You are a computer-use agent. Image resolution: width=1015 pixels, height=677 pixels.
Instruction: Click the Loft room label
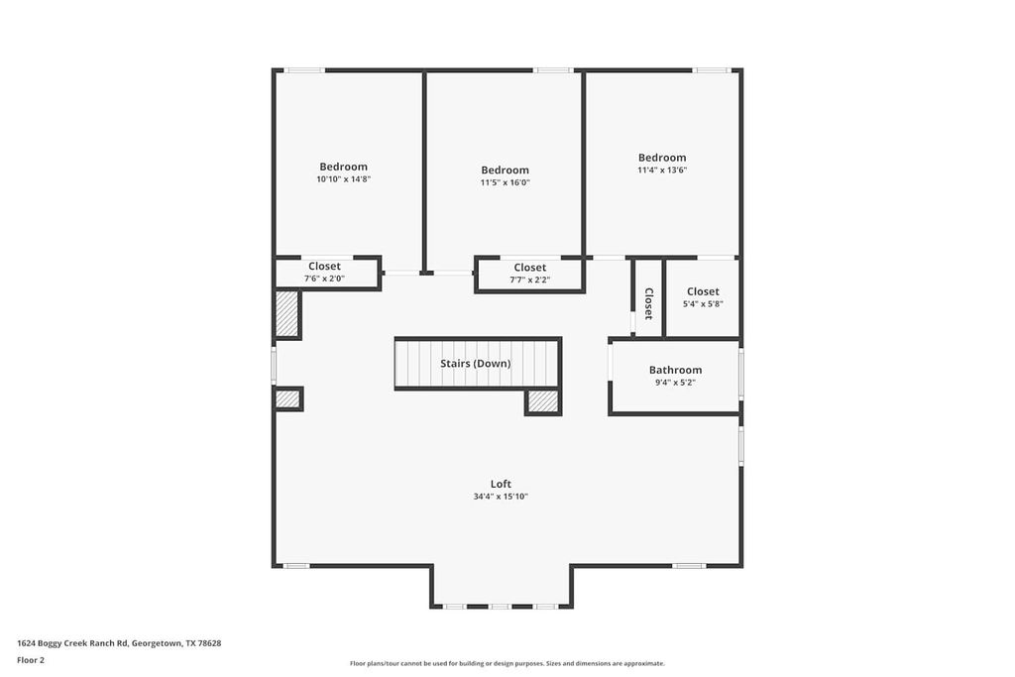pyautogui.click(x=501, y=484)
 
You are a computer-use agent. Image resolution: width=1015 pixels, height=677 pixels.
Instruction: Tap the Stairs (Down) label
pyautogui.click(x=476, y=364)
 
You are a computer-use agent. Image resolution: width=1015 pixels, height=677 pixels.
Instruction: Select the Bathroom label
pyautogui.click(x=675, y=370)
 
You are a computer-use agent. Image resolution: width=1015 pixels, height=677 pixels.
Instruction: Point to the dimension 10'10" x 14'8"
pyautogui.click(x=343, y=179)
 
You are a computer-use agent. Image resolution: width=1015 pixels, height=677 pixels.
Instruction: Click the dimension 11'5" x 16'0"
pyautogui.click(x=505, y=182)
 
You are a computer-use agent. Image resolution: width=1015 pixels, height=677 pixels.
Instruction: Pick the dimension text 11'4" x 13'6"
pyautogui.click(x=662, y=170)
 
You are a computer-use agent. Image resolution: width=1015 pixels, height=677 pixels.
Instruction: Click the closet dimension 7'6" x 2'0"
pyautogui.click(x=324, y=279)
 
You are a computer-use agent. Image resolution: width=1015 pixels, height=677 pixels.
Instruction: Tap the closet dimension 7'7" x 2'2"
pyautogui.click(x=529, y=280)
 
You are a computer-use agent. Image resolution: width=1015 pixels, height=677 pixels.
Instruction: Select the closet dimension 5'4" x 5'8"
pyautogui.click(x=703, y=303)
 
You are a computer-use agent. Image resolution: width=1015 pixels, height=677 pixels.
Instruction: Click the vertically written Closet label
pyautogui.click(x=648, y=303)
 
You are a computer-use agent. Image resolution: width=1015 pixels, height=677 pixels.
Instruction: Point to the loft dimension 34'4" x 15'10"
pyautogui.click(x=501, y=497)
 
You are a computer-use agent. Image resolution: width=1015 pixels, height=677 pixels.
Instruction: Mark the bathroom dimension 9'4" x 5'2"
pyautogui.click(x=675, y=382)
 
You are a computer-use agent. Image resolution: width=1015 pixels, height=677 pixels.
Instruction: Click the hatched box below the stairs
pyautogui.click(x=542, y=401)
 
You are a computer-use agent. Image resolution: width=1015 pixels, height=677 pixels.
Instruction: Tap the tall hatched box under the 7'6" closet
pyautogui.click(x=287, y=314)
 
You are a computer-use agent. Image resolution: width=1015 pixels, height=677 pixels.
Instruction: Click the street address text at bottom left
pyautogui.click(x=119, y=643)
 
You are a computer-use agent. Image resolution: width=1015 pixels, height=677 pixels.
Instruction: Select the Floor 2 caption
pyautogui.click(x=31, y=659)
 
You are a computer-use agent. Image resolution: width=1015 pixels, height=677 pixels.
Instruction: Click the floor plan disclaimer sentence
pyautogui.click(x=507, y=663)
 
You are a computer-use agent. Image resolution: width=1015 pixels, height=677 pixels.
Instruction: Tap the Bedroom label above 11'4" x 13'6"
pyautogui.click(x=662, y=158)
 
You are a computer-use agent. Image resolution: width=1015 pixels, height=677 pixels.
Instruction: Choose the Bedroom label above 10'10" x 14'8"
pyautogui.click(x=343, y=167)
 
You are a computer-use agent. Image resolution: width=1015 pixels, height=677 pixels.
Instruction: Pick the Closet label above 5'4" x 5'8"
pyautogui.click(x=703, y=291)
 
